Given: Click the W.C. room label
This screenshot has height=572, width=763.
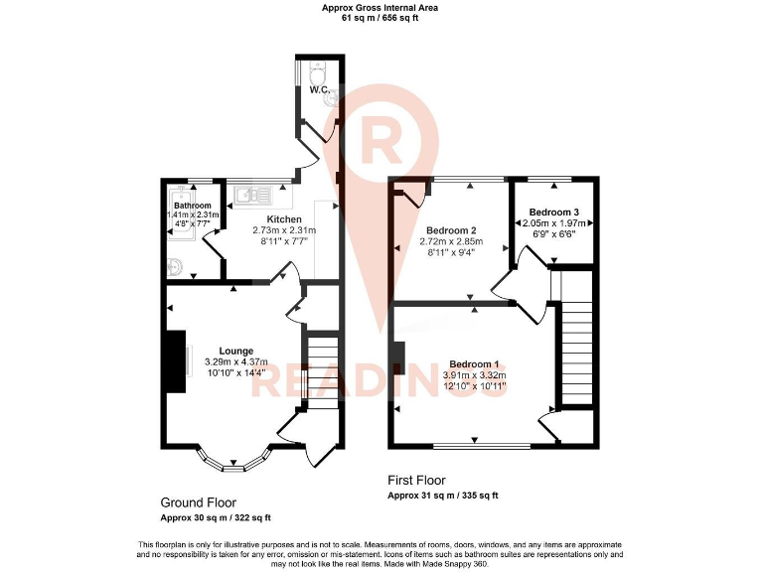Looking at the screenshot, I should tap(319, 90).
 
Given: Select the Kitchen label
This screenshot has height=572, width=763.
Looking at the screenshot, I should tap(284, 219).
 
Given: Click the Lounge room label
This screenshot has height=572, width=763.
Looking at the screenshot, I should tap(235, 351).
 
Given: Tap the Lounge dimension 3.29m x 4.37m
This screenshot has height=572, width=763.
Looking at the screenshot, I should tap(235, 362).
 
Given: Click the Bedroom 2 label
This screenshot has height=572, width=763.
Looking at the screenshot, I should tap(450, 229).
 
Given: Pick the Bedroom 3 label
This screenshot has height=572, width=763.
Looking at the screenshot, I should tap(553, 213).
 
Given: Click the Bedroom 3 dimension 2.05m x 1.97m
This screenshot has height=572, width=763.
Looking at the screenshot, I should tap(554, 224).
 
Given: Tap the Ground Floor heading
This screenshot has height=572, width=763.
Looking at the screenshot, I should tap(199, 502).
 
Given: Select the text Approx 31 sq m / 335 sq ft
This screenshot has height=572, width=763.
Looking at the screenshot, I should tap(442, 495).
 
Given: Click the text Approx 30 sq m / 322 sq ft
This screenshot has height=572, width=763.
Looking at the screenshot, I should tap(216, 518).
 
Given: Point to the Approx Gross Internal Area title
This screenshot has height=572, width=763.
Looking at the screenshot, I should tap(380, 8).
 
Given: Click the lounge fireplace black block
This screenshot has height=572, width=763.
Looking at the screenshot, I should tap(175, 356).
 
